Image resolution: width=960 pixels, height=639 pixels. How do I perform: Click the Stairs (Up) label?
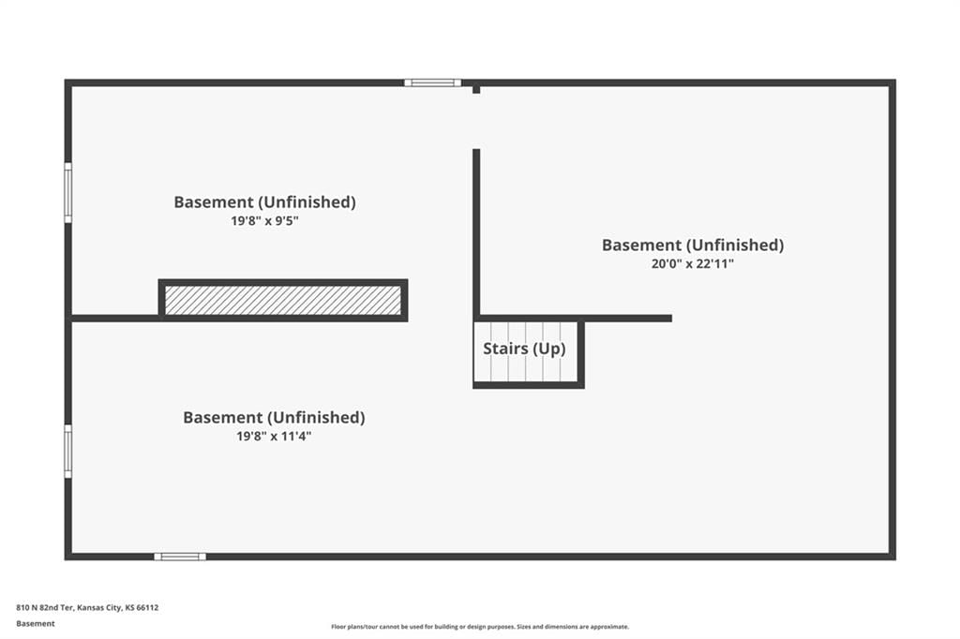tap(524, 349)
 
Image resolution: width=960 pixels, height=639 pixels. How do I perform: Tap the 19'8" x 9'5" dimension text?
tap(264, 221)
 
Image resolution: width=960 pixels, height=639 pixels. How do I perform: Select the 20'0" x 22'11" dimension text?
tap(693, 264)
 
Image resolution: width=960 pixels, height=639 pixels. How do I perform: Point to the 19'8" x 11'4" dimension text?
tap(274, 437)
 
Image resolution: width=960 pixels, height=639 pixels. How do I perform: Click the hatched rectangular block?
tap(283, 301)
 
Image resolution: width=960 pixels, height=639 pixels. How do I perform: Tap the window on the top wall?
tap(432, 82)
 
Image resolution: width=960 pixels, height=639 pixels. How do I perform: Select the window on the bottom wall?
tap(180, 557)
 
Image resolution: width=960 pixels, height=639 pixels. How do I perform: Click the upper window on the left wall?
tap(67, 193)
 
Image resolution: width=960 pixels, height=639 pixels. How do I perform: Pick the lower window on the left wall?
tap(67, 451)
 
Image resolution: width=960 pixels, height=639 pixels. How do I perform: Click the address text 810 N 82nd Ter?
tap(45, 608)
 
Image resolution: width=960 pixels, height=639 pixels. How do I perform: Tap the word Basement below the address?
tap(36, 624)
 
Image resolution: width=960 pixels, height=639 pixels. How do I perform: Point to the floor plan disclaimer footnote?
tap(480, 627)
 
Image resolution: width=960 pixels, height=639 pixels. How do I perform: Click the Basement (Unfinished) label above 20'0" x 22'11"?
tap(693, 245)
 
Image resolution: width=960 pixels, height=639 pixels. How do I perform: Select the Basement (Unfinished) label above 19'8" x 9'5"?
tap(264, 202)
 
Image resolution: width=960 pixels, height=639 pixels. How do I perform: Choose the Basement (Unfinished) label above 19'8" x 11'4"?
tap(274, 418)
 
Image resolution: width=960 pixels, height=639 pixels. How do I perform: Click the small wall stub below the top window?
tap(476, 89)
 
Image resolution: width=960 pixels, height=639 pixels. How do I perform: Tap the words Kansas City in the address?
tap(99, 608)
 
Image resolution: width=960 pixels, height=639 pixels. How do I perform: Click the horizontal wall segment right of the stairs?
tap(628, 319)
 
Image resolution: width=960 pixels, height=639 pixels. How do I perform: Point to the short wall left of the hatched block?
tap(115, 319)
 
